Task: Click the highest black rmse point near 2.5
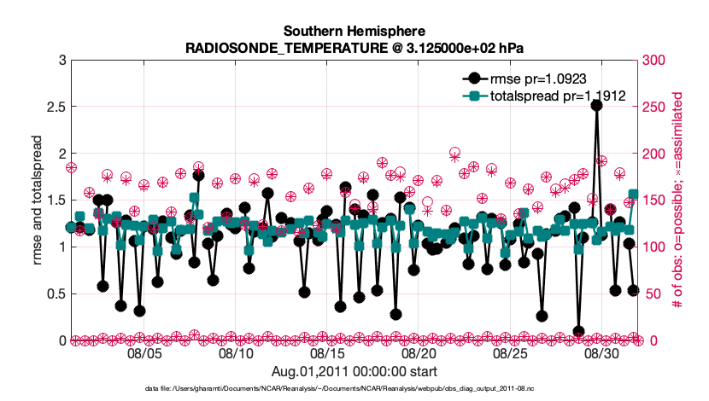(596, 105)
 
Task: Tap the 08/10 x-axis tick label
(236, 352)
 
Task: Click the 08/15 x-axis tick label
(327, 352)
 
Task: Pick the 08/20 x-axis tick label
(419, 352)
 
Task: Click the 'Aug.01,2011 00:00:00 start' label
(354, 371)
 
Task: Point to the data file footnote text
(354, 388)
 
